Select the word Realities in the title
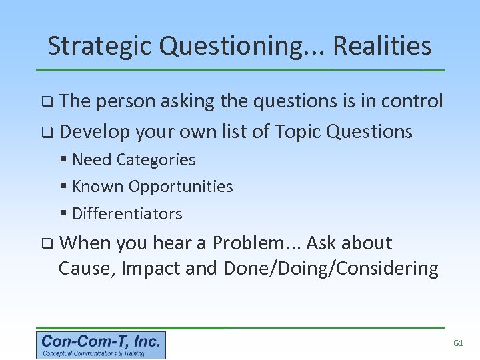point(382,46)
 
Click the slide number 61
point(458,343)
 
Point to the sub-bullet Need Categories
point(133,160)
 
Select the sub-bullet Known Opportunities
point(152,187)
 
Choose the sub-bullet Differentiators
point(127,214)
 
